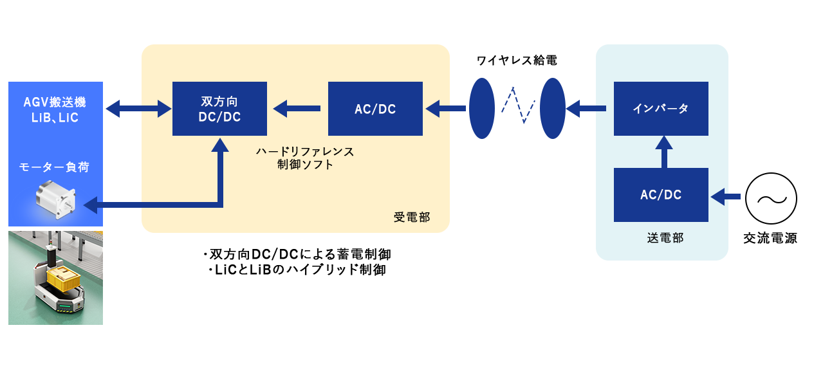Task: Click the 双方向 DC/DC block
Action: point(219,109)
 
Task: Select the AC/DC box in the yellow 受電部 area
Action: point(375,109)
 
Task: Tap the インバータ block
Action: point(661,109)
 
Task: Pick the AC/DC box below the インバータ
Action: point(661,195)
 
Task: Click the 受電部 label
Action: point(411,217)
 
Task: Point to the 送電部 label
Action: point(665,238)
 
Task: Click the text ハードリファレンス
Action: point(304,152)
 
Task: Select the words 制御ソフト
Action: point(304,165)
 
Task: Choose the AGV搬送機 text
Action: point(55,102)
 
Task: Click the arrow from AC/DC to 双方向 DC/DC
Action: point(297,109)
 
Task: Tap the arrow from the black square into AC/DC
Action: point(726,195)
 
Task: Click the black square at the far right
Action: point(771,198)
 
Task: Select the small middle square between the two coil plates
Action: point(518,106)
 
